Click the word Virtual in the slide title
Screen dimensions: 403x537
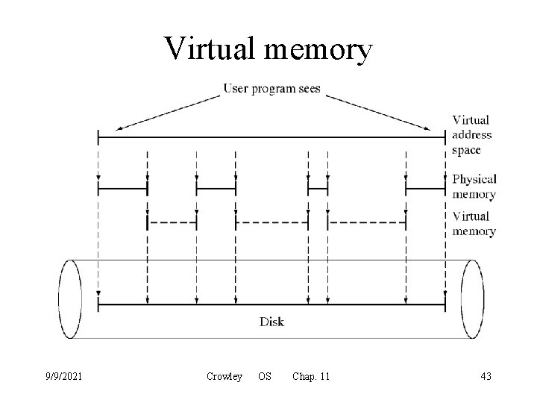tap(211, 49)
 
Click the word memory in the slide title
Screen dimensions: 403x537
tap(316, 51)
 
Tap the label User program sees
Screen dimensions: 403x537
tap(272, 89)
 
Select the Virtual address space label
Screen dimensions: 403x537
tap(472, 134)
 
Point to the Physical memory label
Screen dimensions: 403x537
tap(474, 187)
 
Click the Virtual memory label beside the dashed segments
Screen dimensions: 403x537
tap(474, 223)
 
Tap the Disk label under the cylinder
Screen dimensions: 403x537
tap(271, 322)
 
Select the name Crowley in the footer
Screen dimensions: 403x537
tap(224, 376)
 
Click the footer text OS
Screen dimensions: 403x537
tap(265, 376)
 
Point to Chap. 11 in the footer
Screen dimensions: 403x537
tap(311, 376)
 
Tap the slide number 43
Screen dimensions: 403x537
tap(486, 376)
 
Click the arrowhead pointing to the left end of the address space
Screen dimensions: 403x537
tap(120, 128)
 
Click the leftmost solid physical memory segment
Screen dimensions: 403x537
tap(123, 190)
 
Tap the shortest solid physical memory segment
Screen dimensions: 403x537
tap(318, 190)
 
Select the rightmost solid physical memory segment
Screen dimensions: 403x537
tap(426, 190)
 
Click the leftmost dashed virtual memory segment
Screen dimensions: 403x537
tap(172, 222)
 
